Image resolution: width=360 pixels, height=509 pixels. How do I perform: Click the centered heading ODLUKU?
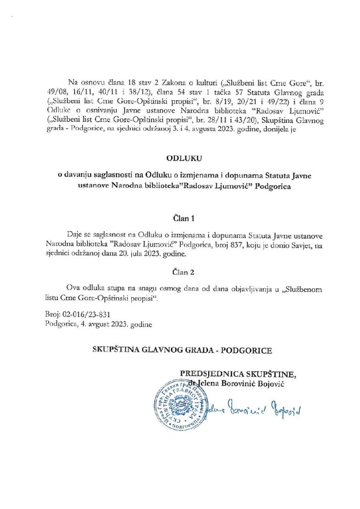pyautogui.click(x=180, y=159)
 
